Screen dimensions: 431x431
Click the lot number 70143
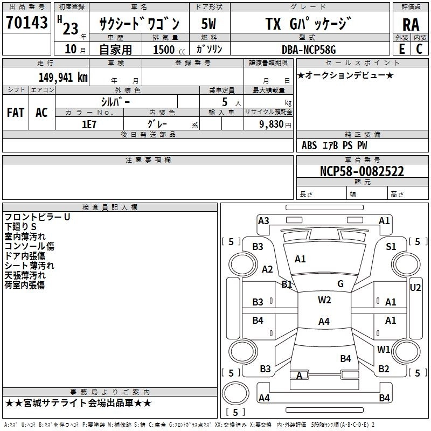click(x=27, y=23)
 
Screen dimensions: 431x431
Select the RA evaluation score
click(x=411, y=24)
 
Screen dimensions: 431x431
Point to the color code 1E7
click(x=89, y=124)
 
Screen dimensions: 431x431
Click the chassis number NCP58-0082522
click(x=362, y=172)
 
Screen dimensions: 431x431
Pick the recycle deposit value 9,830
click(x=272, y=124)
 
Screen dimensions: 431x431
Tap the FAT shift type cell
click(x=16, y=113)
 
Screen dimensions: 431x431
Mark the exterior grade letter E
click(x=401, y=49)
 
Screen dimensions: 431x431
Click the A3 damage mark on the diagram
click(x=263, y=220)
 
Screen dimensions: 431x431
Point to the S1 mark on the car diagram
click(x=391, y=246)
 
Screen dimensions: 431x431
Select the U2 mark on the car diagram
click(x=415, y=287)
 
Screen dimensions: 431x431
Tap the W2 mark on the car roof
click(x=324, y=300)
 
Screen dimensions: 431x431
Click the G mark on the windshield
click(x=340, y=283)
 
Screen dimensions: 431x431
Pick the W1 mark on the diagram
click(x=384, y=349)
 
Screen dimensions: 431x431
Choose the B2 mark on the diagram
click(x=384, y=369)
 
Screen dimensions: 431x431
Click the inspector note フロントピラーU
click(x=38, y=217)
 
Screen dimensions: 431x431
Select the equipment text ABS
click(x=309, y=145)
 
